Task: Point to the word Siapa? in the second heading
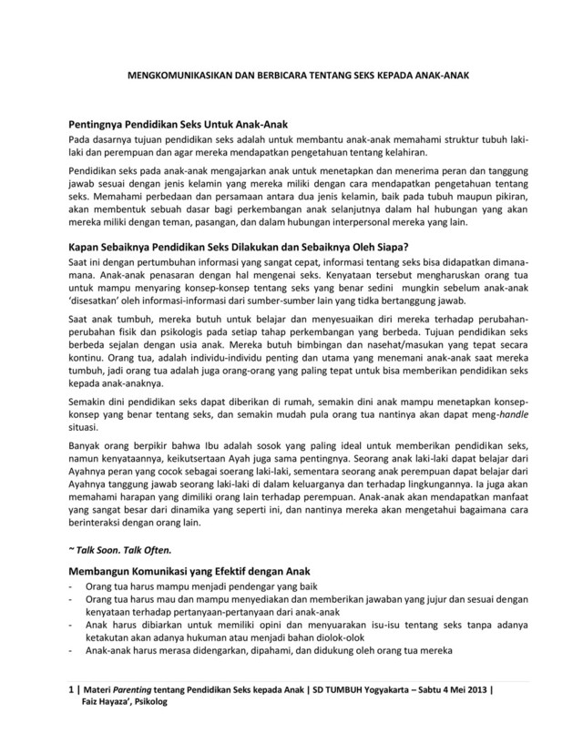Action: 389,246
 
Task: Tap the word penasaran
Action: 170,272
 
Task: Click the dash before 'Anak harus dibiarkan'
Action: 73,627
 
